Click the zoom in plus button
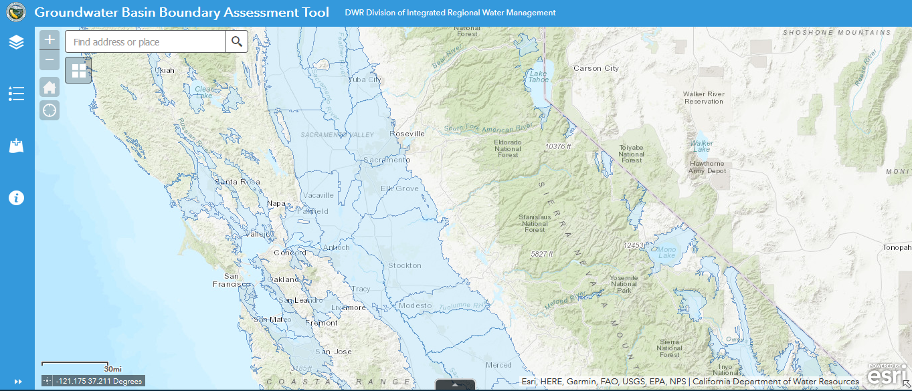click(50, 39)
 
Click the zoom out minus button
click(50, 60)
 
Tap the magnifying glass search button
click(237, 42)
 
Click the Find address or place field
click(145, 42)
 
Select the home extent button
click(50, 87)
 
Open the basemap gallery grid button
click(78, 70)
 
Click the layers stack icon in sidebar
click(17, 42)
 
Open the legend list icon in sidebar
click(17, 94)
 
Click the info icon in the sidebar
click(17, 198)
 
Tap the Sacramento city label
click(386, 160)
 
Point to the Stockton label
click(405, 265)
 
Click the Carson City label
click(596, 68)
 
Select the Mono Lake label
click(666, 251)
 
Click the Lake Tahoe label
click(539, 76)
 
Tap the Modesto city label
click(415, 305)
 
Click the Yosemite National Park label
click(624, 284)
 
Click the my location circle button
click(50, 110)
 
